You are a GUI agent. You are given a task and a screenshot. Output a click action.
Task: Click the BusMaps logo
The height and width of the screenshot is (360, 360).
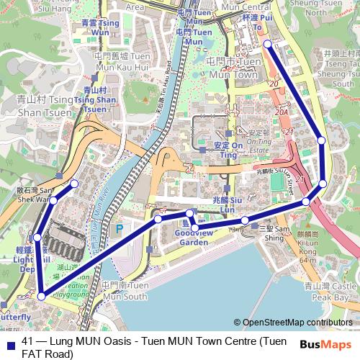(x=328, y=343)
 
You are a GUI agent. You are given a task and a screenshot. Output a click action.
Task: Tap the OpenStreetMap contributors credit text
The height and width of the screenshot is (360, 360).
(x=299, y=322)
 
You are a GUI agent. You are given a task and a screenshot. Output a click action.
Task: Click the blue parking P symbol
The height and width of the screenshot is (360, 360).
(x=119, y=230)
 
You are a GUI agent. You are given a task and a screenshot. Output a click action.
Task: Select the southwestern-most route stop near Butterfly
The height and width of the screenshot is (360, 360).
(x=42, y=296)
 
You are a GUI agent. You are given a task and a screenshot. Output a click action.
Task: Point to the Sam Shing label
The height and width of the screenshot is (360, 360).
(x=274, y=232)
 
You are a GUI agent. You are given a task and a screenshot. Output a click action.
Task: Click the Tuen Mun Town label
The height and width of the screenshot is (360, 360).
(x=232, y=68)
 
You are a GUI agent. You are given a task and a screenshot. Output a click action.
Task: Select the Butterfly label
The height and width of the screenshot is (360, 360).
(x=14, y=317)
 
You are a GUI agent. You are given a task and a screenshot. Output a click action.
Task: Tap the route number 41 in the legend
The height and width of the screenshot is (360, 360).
(x=29, y=341)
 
